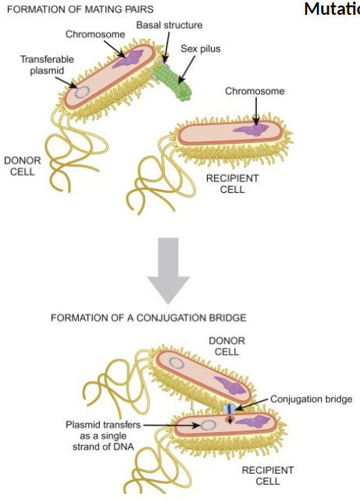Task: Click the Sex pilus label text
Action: (201, 48)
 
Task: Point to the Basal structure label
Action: (169, 25)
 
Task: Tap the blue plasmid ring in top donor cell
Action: (81, 91)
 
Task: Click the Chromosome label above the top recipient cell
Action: (255, 91)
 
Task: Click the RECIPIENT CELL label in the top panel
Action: (232, 184)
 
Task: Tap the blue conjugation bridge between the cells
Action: (230, 410)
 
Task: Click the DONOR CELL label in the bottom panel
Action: (226, 346)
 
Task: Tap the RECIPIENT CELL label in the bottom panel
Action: (267, 475)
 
